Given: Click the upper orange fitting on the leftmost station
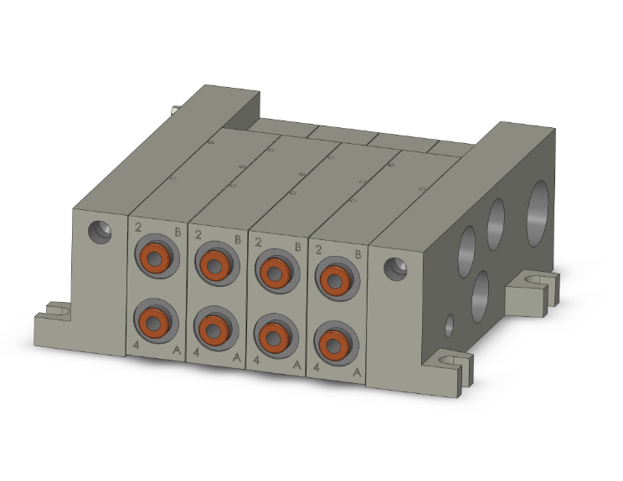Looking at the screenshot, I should pos(154,258).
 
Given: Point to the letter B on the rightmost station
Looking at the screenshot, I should pos(358,253).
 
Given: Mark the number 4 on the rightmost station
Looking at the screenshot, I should pos(316,366).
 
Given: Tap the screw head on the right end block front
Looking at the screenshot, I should pos(394,268).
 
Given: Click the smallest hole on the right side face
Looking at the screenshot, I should pos(451,324).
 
